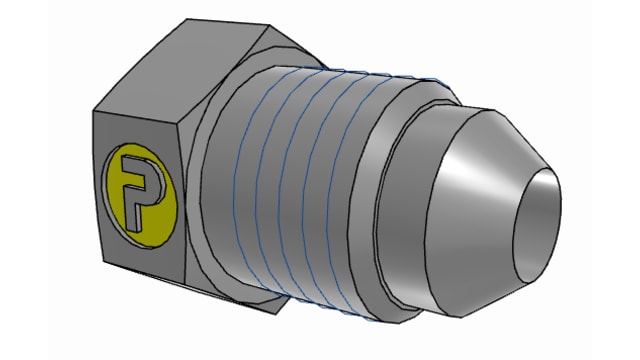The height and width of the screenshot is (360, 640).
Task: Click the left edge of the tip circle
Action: pyautogui.click(x=518, y=215)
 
